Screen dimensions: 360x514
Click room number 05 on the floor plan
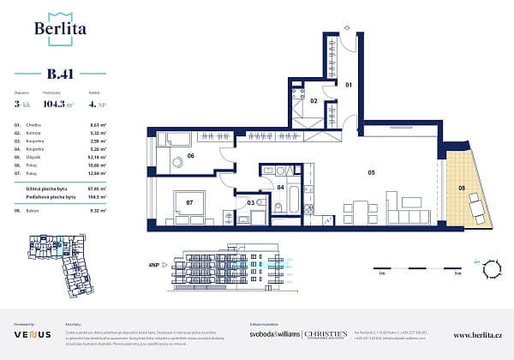372,171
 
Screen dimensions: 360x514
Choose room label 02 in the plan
314,101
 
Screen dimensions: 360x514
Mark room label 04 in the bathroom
280,186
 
